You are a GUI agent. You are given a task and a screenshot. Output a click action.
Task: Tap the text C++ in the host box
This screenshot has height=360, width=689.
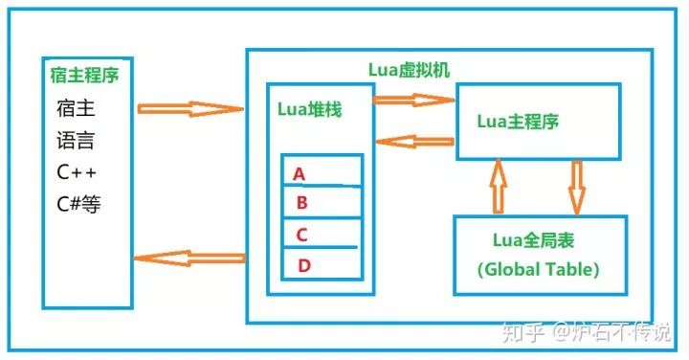point(77,172)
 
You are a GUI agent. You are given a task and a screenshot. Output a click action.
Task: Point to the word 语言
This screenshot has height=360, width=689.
point(76,141)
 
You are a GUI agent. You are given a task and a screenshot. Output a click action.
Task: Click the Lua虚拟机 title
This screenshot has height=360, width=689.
point(410,70)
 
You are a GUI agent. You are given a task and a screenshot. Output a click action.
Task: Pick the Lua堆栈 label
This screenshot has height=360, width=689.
point(310,109)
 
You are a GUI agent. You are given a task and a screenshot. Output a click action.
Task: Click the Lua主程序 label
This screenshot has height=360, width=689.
point(518,122)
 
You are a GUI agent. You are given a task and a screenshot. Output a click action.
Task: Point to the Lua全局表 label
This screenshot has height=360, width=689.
point(539,239)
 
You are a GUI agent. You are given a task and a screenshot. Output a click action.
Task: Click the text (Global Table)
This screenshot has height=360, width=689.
point(539,269)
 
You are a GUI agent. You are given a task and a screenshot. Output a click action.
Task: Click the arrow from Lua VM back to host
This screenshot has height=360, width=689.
point(190,257)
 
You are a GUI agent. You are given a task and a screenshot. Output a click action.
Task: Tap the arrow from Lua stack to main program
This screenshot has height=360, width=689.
point(412,99)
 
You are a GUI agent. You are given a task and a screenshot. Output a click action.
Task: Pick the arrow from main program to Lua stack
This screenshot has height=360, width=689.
point(413,142)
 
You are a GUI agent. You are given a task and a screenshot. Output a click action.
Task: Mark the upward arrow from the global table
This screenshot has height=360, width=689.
point(497,187)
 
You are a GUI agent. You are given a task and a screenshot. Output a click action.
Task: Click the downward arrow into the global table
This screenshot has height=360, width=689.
point(576,187)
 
